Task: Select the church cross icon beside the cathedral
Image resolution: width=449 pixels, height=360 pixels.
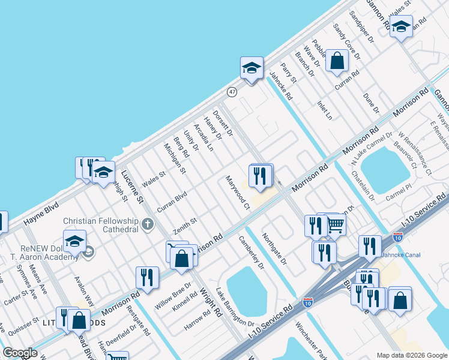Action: point(148,225)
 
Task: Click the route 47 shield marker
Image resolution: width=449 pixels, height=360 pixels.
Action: point(232,91)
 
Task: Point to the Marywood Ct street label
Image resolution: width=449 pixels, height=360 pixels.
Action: point(238,193)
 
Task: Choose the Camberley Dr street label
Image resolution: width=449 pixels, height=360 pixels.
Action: point(252,251)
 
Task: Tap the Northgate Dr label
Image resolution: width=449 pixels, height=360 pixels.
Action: point(275,250)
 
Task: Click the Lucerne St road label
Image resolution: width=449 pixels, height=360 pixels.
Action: point(132,186)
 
